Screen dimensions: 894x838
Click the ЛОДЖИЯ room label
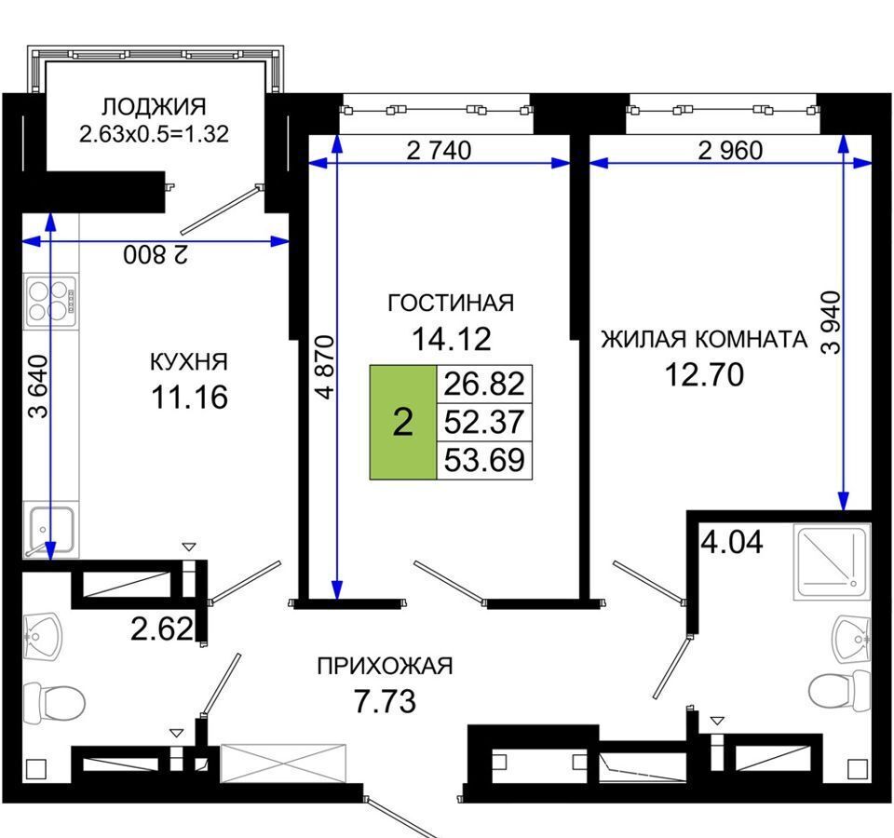pyautogui.click(x=154, y=106)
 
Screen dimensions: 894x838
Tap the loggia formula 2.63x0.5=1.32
pyautogui.click(x=154, y=133)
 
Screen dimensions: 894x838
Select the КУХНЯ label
pyautogui.click(x=189, y=362)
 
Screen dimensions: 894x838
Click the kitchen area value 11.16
pyautogui.click(x=189, y=397)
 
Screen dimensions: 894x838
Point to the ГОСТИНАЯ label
pyautogui.click(x=451, y=303)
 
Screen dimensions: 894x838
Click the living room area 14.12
pyautogui.click(x=451, y=339)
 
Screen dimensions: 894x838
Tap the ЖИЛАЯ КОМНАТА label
pyautogui.click(x=704, y=339)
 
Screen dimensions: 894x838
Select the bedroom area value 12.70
pyautogui.click(x=705, y=374)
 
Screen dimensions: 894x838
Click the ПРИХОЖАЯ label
pyautogui.click(x=385, y=666)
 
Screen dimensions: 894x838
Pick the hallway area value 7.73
pyautogui.click(x=385, y=701)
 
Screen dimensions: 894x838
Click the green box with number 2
pyautogui.click(x=403, y=422)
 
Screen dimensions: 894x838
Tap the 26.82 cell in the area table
pyautogui.click(x=484, y=384)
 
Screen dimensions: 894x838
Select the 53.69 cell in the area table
pyautogui.click(x=484, y=460)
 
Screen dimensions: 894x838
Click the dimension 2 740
pyautogui.click(x=439, y=151)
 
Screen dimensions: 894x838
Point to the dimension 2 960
pyautogui.click(x=730, y=151)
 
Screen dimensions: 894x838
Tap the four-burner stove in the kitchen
pyautogui.click(x=50, y=301)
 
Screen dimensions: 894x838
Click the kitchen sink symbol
pyautogui.click(x=49, y=530)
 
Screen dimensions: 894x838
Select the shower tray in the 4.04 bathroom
pyautogui.click(x=832, y=562)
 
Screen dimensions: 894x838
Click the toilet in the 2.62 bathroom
pyautogui.click(x=54, y=701)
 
